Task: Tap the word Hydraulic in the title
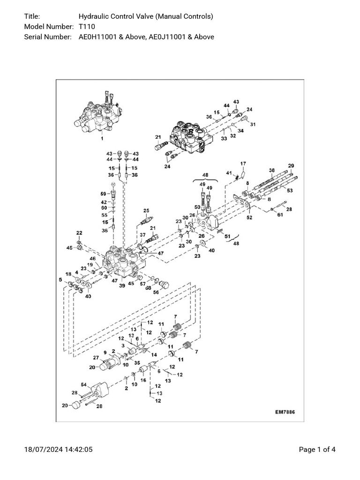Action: click(x=93, y=17)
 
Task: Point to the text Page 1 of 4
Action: click(x=317, y=450)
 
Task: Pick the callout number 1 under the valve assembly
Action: click(x=102, y=139)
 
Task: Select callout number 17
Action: click(x=243, y=164)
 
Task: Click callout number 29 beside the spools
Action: click(x=291, y=166)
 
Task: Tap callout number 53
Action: click(x=290, y=191)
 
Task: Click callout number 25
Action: click(x=146, y=210)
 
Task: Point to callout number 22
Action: click(x=79, y=233)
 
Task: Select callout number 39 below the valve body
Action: click(x=122, y=285)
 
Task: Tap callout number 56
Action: click(x=156, y=292)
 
